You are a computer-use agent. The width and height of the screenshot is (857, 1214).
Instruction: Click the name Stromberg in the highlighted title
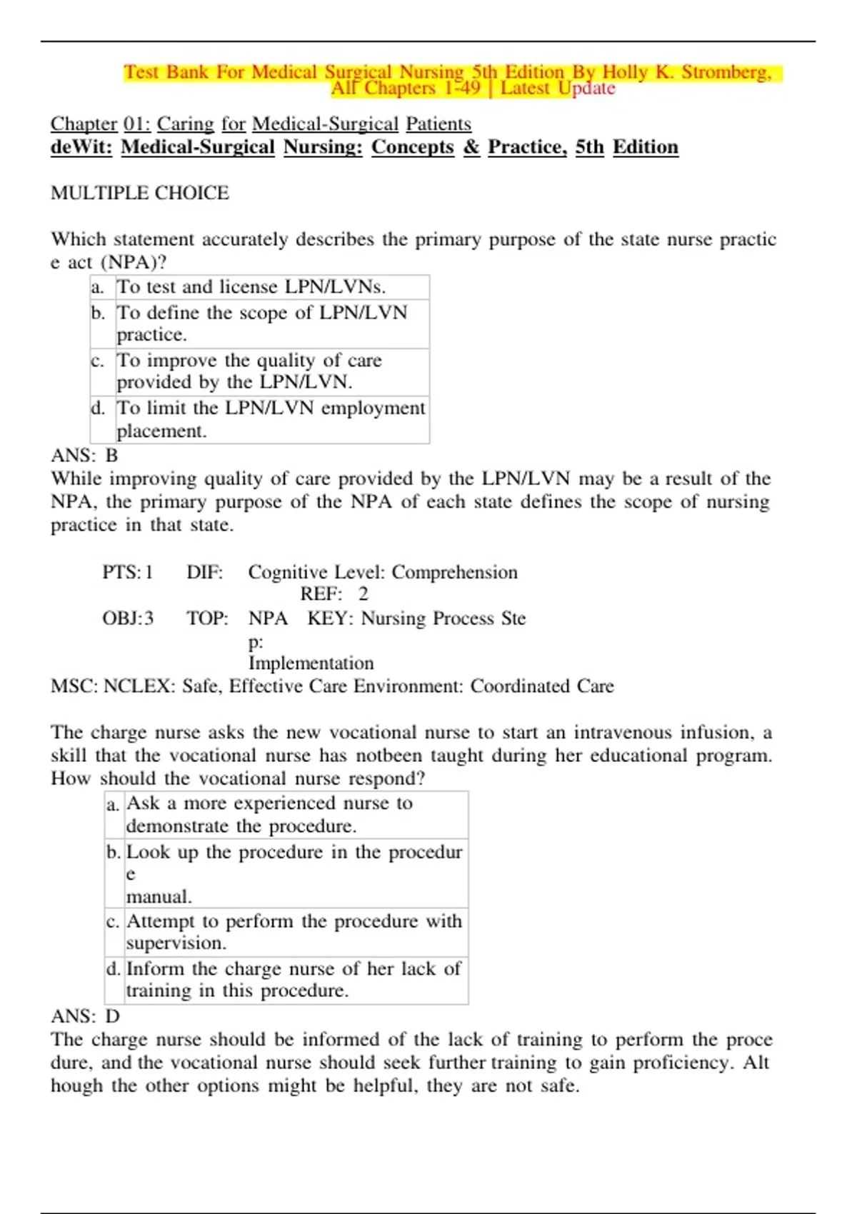click(x=726, y=72)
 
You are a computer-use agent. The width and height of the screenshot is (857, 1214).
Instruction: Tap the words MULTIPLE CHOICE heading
click(x=140, y=193)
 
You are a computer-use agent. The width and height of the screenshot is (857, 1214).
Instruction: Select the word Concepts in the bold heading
click(x=412, y=147)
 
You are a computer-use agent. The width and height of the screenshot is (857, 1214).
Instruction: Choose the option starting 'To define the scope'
click(x=262, y=323)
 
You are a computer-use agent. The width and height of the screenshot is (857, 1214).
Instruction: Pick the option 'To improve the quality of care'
click(x=249, y=371)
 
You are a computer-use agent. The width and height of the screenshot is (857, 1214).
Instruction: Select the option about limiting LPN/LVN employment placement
click(x=271, y=418)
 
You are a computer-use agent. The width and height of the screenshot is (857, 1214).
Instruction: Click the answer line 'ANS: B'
click(x=84, y=456)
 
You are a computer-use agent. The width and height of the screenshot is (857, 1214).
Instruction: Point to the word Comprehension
click(x=454, y=572)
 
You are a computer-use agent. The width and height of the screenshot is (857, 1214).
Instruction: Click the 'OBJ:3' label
click(x=128, y=618)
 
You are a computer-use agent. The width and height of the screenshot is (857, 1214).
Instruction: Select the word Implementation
click(x=311, y=663)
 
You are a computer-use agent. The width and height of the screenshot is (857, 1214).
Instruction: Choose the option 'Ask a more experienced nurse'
click(x=269, y=814)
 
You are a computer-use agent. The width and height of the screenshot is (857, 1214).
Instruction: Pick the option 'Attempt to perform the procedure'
click(x=294, y=931)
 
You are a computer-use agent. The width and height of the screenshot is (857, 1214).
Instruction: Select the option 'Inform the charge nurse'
click(x=294, y=979)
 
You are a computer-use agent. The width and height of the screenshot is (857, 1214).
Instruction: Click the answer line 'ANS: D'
click(x=85, y=1016)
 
